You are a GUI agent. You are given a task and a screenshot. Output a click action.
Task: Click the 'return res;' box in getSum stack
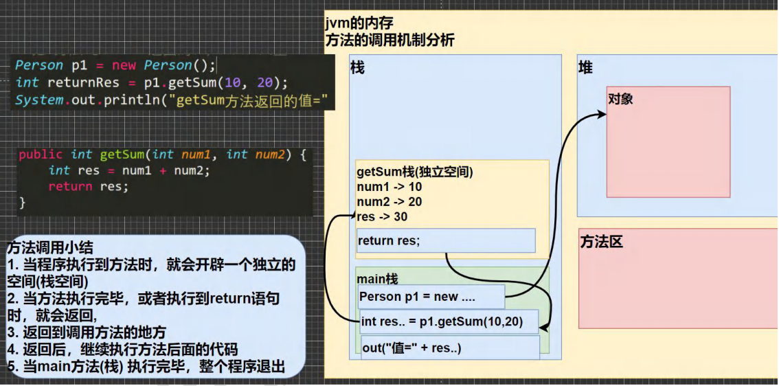tap(446, 240)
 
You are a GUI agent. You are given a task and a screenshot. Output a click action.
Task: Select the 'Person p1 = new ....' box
tap(431, 297)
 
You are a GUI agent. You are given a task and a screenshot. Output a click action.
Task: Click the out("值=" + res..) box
tap(450, 348)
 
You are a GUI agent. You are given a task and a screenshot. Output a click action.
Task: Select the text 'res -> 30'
tap(382, 217)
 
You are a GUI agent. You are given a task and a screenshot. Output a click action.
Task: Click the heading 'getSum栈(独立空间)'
tap(415, 172)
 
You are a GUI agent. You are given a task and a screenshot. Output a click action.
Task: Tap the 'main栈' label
tap(377, 280)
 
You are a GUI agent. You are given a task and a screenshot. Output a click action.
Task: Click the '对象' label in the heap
tap(620, 99)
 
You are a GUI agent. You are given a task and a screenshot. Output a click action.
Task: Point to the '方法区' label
tap(601, 242)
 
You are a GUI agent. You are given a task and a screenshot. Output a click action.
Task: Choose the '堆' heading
tap(585, 68)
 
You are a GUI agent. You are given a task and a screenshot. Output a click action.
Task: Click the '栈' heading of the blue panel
tap(357, 67)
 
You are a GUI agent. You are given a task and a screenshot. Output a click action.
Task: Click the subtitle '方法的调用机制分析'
tap(389, 41)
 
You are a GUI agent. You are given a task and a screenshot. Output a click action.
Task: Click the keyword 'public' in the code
tap(41, 155)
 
